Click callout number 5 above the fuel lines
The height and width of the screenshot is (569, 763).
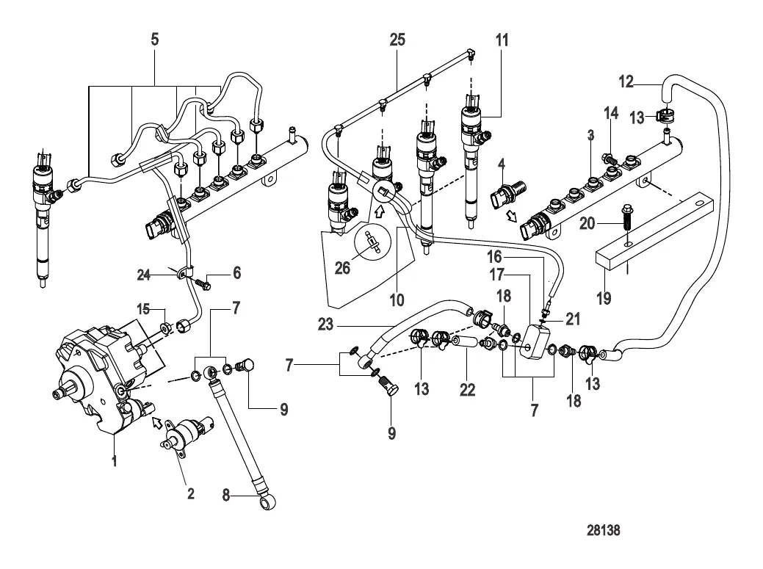[x=154, y=39]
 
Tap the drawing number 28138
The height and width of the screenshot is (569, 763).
[x=609, y=528]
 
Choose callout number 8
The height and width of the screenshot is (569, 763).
[x=227, y=496]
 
